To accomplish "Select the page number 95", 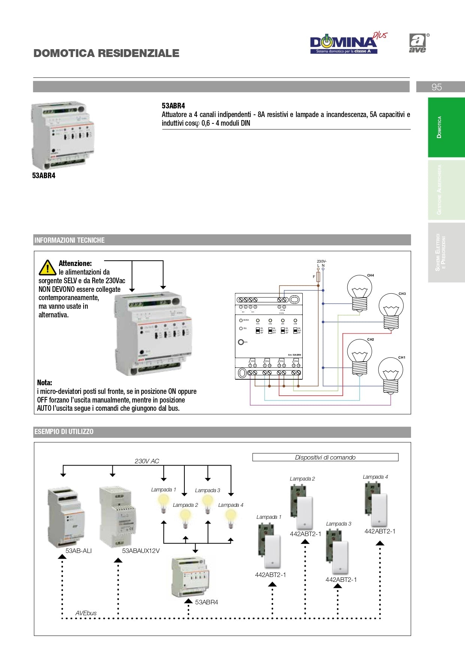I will point(437,87).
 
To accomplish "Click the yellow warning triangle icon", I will point(48,267).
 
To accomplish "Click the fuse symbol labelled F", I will point(318,277).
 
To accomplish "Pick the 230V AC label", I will point(147,461).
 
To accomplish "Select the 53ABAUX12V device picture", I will point(117,516).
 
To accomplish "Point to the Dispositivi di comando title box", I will point(325,457).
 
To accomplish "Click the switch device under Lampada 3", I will point(338,551).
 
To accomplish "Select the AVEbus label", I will point(86,613).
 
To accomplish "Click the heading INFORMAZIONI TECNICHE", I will point(69,240).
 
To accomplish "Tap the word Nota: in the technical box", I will point(45,383).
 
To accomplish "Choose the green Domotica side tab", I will point(446,127).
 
